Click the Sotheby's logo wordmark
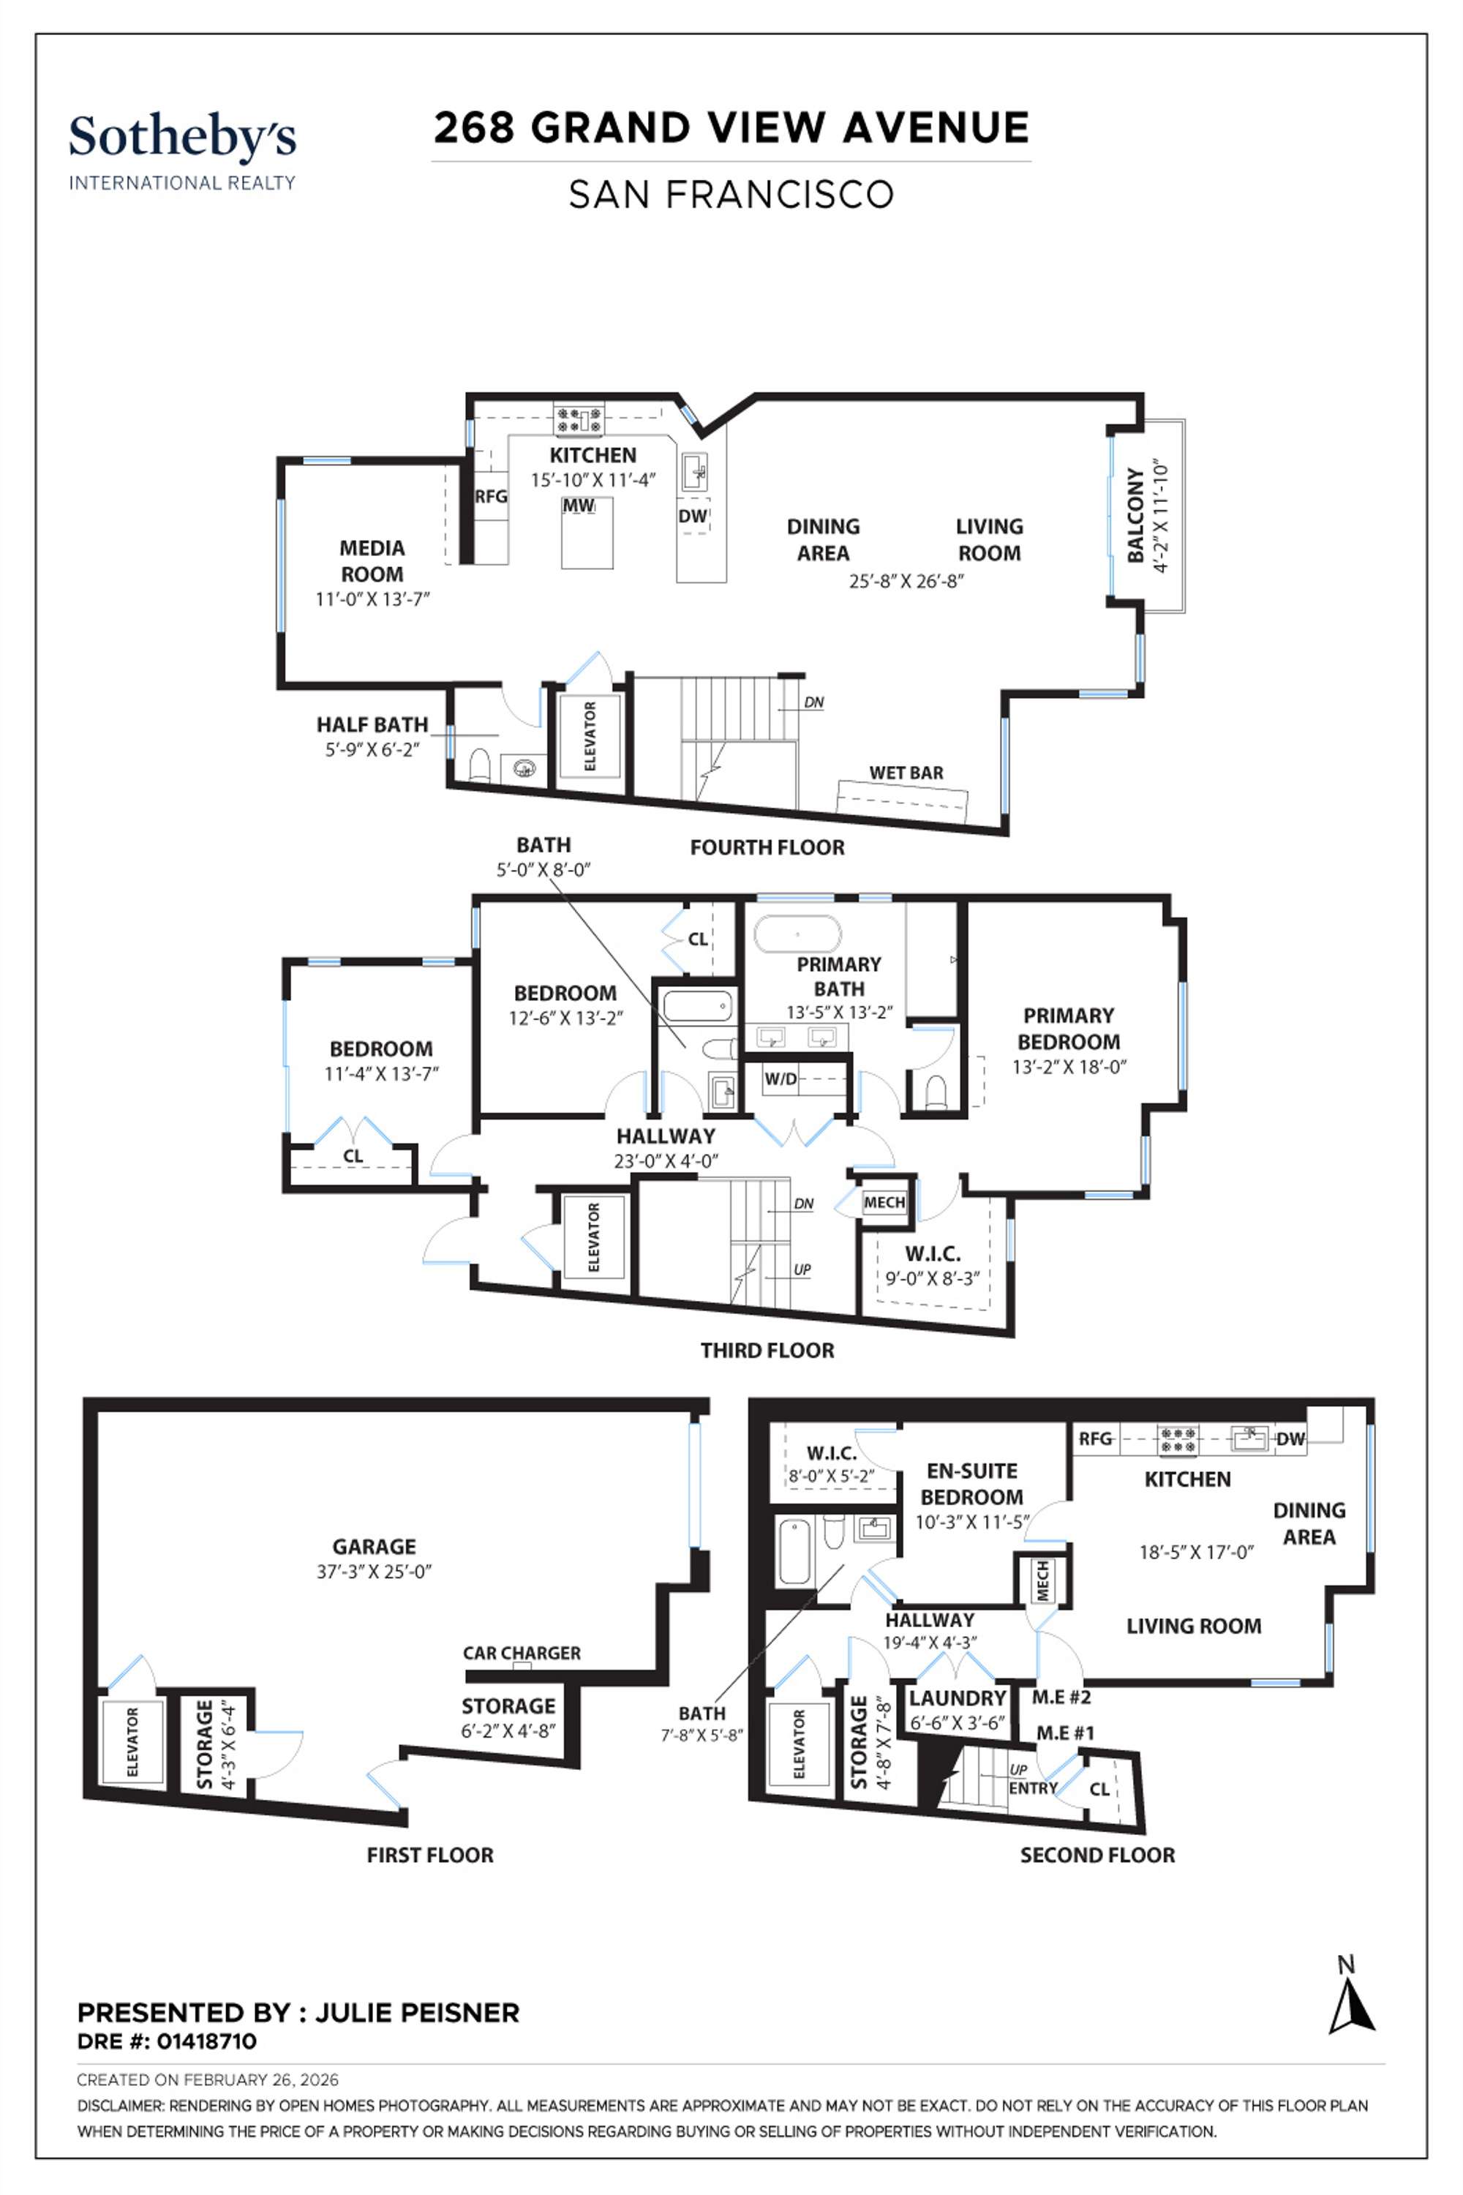tap(182, 138)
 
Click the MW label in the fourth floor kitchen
tap(579, 506)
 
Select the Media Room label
tap(372, 561)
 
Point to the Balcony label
tap(1135, 515)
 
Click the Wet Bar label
tap(906, 773)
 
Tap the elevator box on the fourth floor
tap(590, 736)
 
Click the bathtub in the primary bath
tap(798, 934)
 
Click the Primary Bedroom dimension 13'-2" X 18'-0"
tap(1069, 1067)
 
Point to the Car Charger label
tap(522, 1653)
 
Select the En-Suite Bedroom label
tap(971, 1484)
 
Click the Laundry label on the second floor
tap(958, 1697)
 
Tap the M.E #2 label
tap(1061, 1697)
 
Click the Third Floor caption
tap(767, 1351)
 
